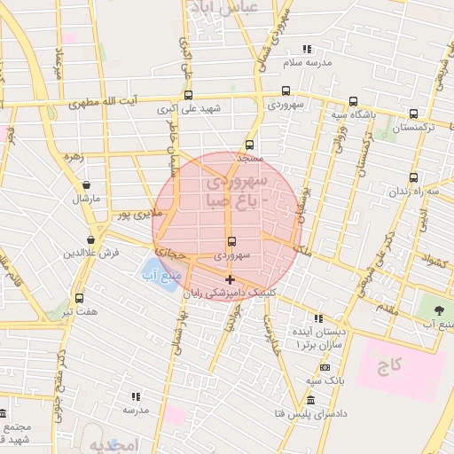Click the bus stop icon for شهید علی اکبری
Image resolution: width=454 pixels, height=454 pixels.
point(188,95)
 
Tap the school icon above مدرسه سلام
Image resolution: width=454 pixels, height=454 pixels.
point(307,50)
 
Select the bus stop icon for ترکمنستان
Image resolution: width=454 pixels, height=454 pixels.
point(414,113)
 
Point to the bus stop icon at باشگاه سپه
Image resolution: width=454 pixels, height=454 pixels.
point(354,100)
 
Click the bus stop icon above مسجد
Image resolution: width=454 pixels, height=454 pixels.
point(249,145)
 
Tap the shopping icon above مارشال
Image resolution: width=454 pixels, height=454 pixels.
point(86,185)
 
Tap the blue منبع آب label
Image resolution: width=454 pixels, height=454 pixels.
point(155,274)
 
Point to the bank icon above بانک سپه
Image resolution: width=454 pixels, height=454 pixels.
point(325,367)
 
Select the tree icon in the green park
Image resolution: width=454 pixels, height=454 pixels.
point(439,309)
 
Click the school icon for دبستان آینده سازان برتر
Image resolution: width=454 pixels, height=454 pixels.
point(318,317)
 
